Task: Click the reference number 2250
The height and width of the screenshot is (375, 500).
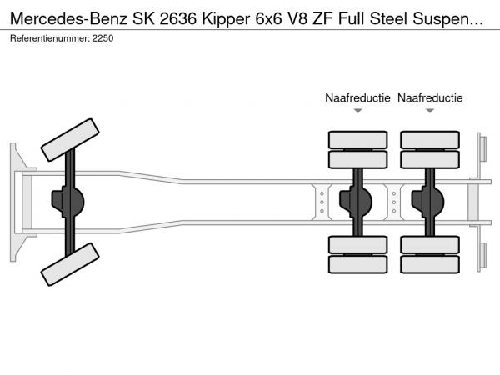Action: click(x=102, y=38)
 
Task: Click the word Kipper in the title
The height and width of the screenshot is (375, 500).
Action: click(x=226, y=19)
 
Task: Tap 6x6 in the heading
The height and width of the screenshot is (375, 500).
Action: click(x=268, y=19)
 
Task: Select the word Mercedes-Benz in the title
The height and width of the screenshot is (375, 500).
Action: click(x=69, y=19)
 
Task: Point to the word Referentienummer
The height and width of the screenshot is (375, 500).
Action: click(x=50, y=38)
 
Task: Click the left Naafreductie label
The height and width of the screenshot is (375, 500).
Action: click(x=357, y=97)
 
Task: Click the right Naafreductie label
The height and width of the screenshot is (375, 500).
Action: click(x=430, y=97)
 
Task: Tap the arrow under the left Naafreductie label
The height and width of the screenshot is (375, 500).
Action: click(x=358, y=111)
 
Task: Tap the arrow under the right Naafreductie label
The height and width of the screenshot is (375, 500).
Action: click(x=430, y=111)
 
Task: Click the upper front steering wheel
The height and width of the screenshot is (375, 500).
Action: click(x=70, y=140)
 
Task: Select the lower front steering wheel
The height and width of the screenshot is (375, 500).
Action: click(x=70, y=264)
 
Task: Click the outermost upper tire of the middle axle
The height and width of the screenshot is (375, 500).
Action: click(x=358, y=140)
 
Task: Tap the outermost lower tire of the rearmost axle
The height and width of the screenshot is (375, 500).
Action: click(x=430, y=264)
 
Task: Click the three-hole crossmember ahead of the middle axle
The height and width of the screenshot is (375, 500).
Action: click(x=322, y=202)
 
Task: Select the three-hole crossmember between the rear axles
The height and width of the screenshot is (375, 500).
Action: click(x=394, y=202)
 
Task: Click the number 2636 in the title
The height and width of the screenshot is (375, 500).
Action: click(x=178, y=19)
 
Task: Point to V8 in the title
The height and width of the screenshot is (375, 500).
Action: click(x=297, y=19)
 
